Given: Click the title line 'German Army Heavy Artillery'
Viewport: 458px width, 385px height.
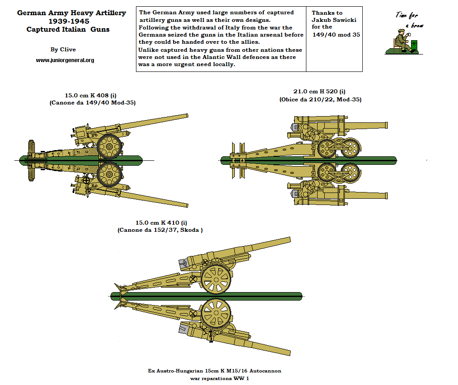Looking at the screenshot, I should point(71,13).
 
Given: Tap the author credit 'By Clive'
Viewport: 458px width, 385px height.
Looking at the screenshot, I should point(63,50).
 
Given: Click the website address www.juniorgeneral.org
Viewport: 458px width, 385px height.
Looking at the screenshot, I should point(65,60).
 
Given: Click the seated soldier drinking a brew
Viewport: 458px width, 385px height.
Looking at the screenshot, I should point(402,41).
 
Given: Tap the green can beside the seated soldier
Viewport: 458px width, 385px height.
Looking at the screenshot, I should point(415,46).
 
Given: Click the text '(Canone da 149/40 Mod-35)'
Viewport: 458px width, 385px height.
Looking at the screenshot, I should point(93,103).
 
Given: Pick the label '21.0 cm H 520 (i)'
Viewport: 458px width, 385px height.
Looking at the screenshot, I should point(319,92).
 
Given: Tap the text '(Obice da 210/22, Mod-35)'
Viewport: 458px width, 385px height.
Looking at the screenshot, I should point(320,99).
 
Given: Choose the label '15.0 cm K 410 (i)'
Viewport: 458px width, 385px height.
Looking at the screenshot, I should point(161,222).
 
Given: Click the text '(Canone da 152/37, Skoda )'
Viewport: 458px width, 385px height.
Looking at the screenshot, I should point(161,230).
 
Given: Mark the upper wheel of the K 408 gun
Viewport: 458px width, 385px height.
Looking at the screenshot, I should point(109,146).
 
